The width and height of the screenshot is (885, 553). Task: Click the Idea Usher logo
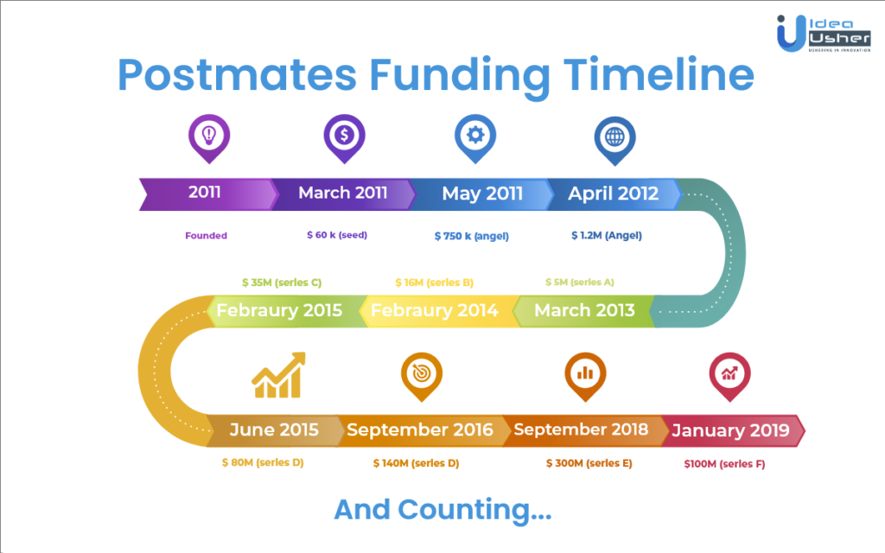pyautogui.click(x=824, y=34)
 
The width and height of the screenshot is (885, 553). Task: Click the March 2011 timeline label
pyautogui.click(x=342, y=193)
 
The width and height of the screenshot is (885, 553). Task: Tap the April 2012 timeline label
pyautogui.click(x=613, y=194)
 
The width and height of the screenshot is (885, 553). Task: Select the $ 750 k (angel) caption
pyautogui.click(x=471, y=236)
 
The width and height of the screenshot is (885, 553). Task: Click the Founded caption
pyautogui.click(x=206, y=236)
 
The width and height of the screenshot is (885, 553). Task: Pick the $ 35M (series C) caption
pyautogui.click(x=282, y=283)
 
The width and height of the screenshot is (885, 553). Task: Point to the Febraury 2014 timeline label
pyautogui.click(x=434, y=310)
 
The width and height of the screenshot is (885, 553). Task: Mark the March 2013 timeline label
pyautogui.click(x=584, y=310)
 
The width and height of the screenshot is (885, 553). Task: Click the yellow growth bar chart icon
pyautogui.click(x=279, y=375)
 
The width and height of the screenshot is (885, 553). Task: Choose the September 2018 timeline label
pyautogui.click(x=581, y=430)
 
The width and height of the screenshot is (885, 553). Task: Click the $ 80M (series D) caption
pyautogui.click(x=263, y=463)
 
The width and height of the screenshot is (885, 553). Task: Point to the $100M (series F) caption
pyautogui.click(x=725, y=464)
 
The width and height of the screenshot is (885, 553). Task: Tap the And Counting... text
pyautogui.click(x=442, y=510)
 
